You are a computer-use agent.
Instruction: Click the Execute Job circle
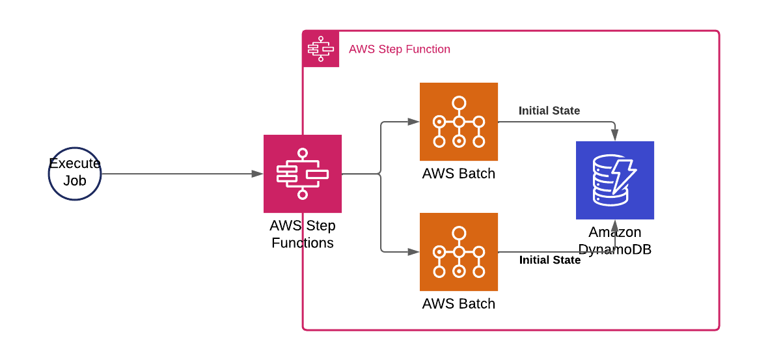75,174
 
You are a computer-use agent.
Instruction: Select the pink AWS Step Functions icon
303,174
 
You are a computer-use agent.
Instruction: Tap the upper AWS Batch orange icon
459,122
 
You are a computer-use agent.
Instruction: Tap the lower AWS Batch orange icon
459,252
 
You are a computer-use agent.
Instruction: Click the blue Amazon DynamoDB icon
615,180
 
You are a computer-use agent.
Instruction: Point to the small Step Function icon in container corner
321,49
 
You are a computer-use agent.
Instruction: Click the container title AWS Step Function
399,49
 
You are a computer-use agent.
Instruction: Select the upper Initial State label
549,111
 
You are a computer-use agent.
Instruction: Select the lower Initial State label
549,260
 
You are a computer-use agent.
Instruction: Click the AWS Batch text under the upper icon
459,174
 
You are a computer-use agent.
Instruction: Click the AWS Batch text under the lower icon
459,304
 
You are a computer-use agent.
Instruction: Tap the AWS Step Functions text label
303,234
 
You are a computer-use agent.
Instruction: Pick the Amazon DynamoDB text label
615,241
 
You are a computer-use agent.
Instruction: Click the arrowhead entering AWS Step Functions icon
258,174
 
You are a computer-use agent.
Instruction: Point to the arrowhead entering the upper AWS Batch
414,122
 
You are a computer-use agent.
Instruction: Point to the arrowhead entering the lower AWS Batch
414,252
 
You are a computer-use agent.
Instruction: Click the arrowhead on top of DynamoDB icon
615,135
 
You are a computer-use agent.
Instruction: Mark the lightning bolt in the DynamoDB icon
624,175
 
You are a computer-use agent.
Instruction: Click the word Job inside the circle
75,181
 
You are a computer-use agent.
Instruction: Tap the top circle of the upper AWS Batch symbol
459,103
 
